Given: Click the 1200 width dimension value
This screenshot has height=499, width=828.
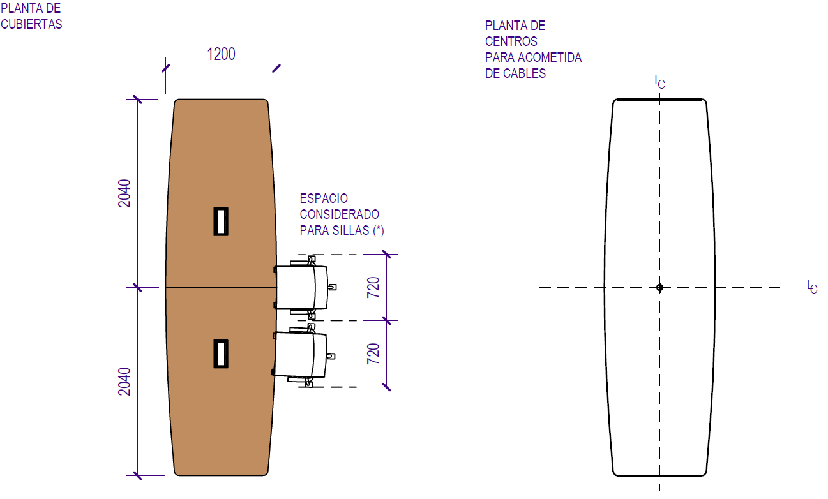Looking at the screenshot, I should point(221,54).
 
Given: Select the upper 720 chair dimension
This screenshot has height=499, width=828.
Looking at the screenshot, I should point(373,288).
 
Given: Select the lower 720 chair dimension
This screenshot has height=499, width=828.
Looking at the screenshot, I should point(373,354).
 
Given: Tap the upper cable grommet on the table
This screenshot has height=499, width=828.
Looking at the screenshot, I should point(221,221).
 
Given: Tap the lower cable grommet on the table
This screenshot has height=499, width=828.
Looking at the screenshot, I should point(221,354).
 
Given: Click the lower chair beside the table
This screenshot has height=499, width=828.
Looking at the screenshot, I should point(301,354).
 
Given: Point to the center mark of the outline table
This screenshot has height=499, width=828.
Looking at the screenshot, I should point(660,288).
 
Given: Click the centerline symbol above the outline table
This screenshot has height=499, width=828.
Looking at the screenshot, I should point(660,82).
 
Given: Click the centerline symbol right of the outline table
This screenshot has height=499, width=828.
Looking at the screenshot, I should point(812,287).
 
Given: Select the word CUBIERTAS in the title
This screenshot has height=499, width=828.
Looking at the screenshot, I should point(31,24).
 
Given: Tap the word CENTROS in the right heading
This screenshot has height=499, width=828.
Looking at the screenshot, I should point(511,41).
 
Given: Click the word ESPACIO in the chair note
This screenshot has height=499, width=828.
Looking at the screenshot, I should point(324,199).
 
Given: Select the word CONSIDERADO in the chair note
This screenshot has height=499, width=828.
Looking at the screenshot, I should point(339,214).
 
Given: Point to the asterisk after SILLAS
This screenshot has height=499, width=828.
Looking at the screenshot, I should point(379,230).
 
